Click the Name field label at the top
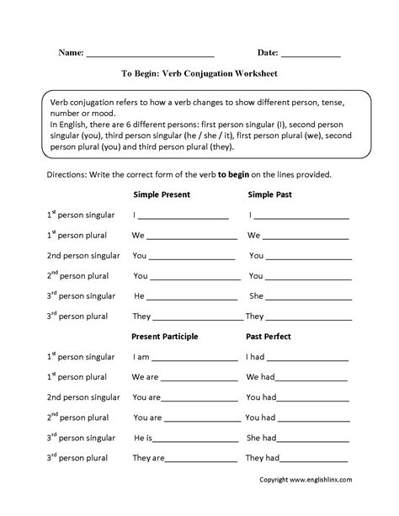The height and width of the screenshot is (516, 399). coord(70,52)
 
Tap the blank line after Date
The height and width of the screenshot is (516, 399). coord(311,54)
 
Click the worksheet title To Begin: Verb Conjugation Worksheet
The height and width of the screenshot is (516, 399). coord(199,73)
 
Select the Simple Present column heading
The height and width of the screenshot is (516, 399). coord(162,194)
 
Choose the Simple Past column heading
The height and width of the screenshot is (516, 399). coord(270,194)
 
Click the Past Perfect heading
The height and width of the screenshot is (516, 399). coord(269,337)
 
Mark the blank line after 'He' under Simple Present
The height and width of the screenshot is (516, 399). coord(190,297)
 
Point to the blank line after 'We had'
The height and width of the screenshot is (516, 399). coord(313,378)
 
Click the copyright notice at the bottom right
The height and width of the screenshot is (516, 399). coord(317,503)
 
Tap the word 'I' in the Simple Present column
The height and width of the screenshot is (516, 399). coord(135,215)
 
